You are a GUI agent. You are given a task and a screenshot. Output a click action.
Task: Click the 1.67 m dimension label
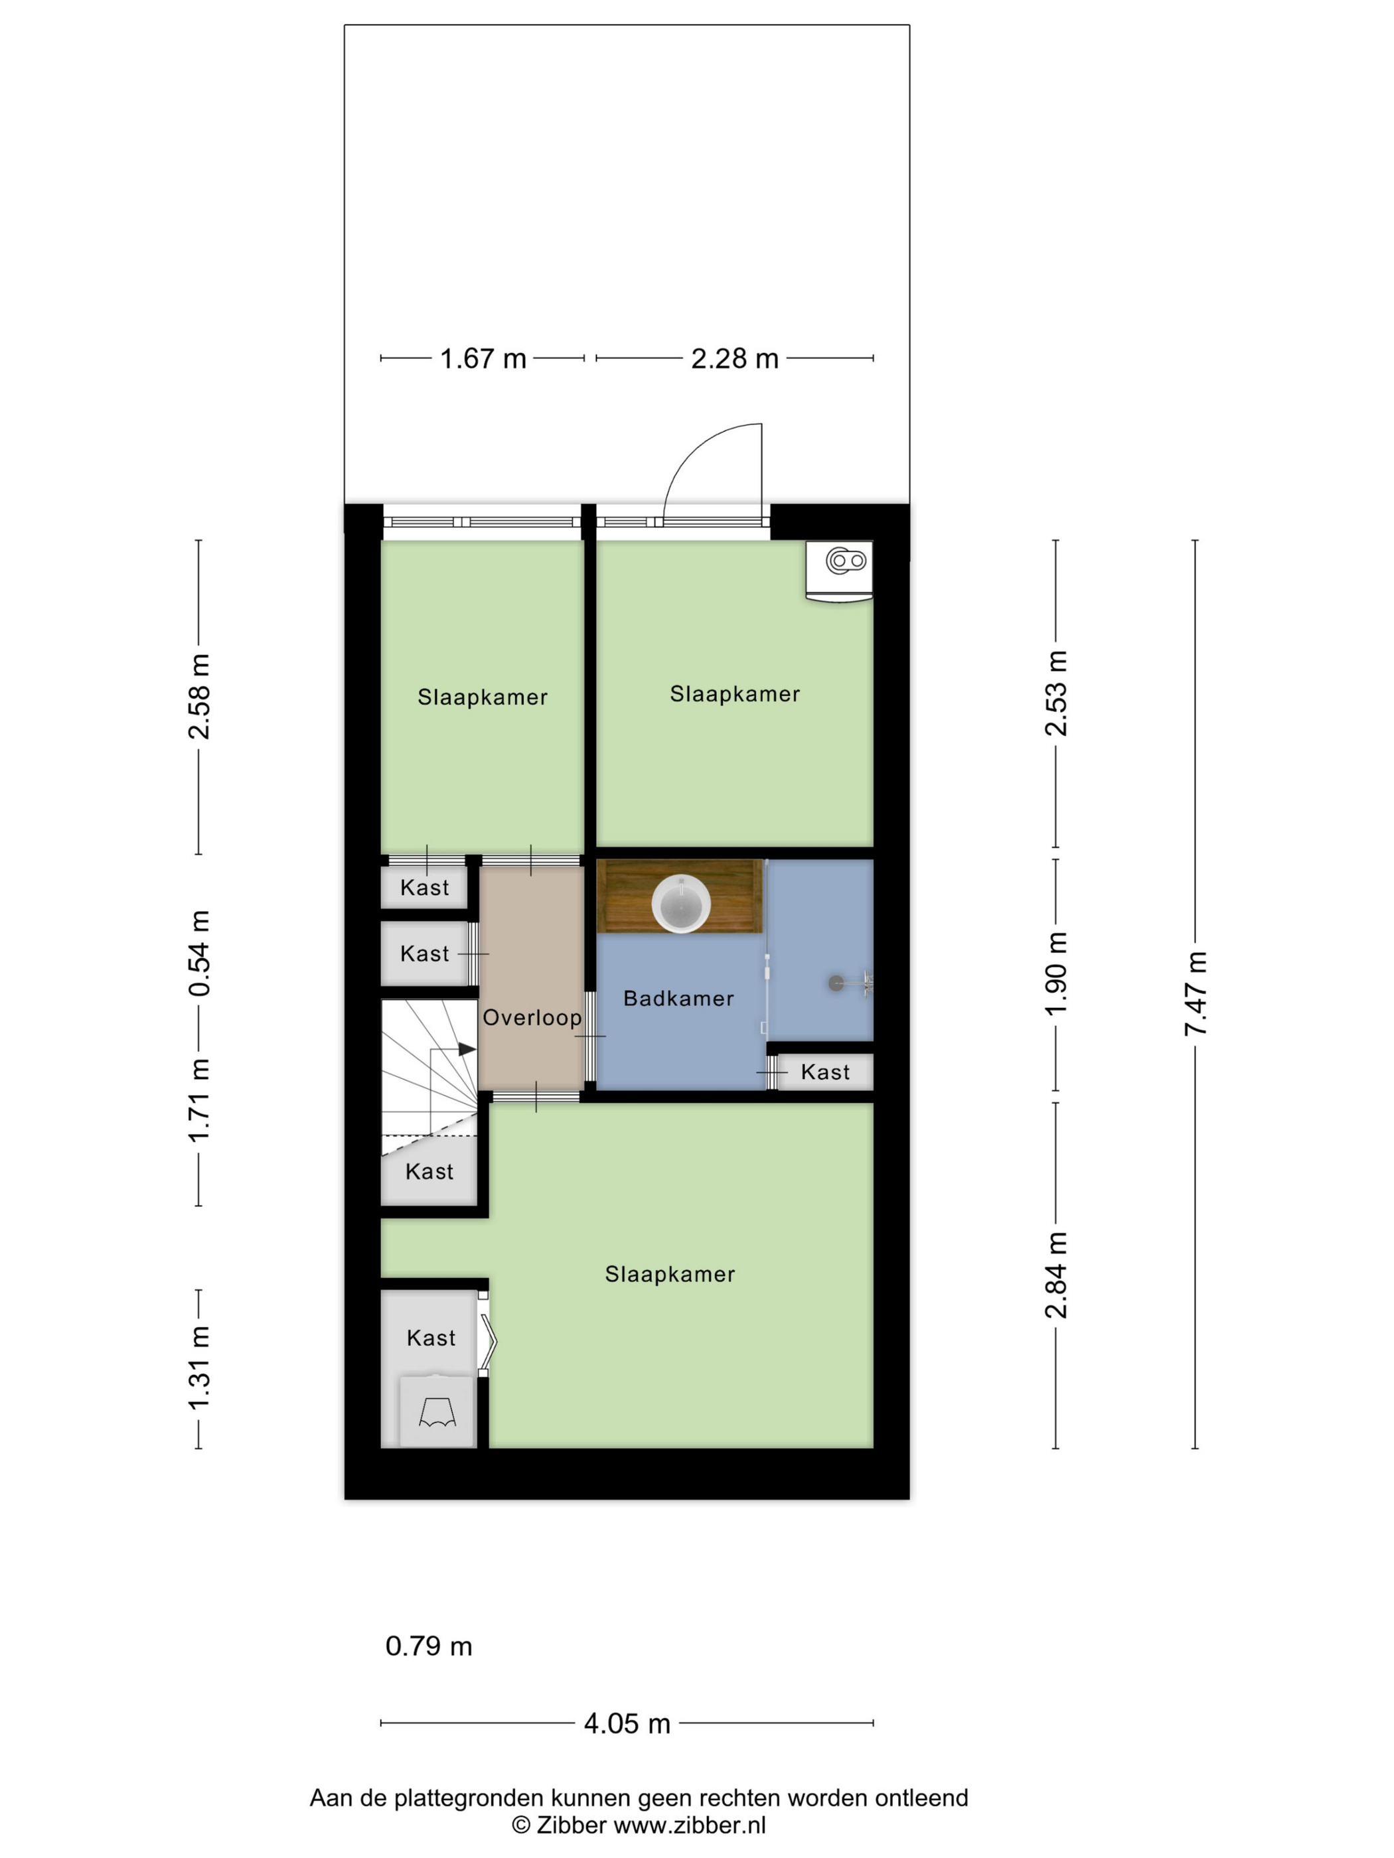pos(483,359)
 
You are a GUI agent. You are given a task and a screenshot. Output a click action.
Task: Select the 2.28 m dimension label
pos(734,359)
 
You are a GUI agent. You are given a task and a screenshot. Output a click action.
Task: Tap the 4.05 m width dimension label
pos(627,1723)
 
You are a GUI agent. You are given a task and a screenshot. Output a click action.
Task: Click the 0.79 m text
pos(429,1646)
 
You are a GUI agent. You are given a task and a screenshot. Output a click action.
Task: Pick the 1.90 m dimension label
pos(1055,973)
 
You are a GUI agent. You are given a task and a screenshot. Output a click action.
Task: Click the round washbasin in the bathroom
pos(680,904)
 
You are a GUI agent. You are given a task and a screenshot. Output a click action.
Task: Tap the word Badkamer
pos(678,998)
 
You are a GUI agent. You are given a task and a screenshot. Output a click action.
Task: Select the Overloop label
pos(532,1017)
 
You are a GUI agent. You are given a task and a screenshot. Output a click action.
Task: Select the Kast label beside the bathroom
pos(825,1072)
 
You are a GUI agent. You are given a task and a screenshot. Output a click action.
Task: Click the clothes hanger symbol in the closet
pos(437,1412)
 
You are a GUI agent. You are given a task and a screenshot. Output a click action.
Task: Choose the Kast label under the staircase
pos(429,1171)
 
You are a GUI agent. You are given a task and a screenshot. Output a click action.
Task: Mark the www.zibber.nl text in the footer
pos(690,1824)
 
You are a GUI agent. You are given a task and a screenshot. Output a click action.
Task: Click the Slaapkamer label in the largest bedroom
pos(670,1274)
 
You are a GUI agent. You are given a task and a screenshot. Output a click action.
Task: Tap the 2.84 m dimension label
pos(1055,1275)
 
